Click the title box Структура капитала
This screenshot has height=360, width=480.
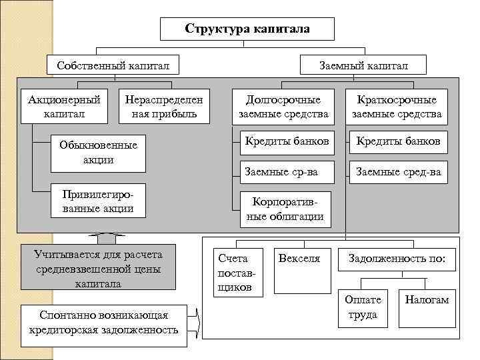[247, 29]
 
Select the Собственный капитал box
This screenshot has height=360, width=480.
[113, 65]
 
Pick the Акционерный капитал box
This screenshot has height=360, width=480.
[65, 107]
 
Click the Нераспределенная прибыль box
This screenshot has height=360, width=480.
[163, 107]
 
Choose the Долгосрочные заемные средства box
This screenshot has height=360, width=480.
[283, 107]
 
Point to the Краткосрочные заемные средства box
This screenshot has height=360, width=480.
[397, 107]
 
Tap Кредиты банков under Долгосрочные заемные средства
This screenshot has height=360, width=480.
[287, 141]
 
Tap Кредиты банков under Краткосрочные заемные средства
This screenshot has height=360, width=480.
[398, 141]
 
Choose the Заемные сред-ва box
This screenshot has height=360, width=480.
[398, 172]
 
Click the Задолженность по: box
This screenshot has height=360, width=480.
[397, 259]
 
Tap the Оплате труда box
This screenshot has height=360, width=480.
[363, 307]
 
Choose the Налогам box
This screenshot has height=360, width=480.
[427, 300]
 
